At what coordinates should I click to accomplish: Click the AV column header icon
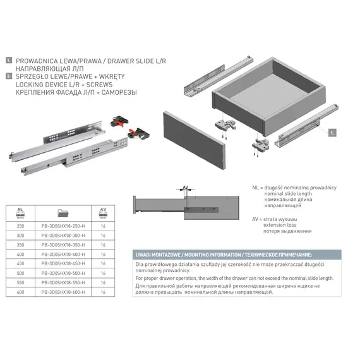pos(103,212)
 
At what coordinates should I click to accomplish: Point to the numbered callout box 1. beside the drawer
pos(332,134)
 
